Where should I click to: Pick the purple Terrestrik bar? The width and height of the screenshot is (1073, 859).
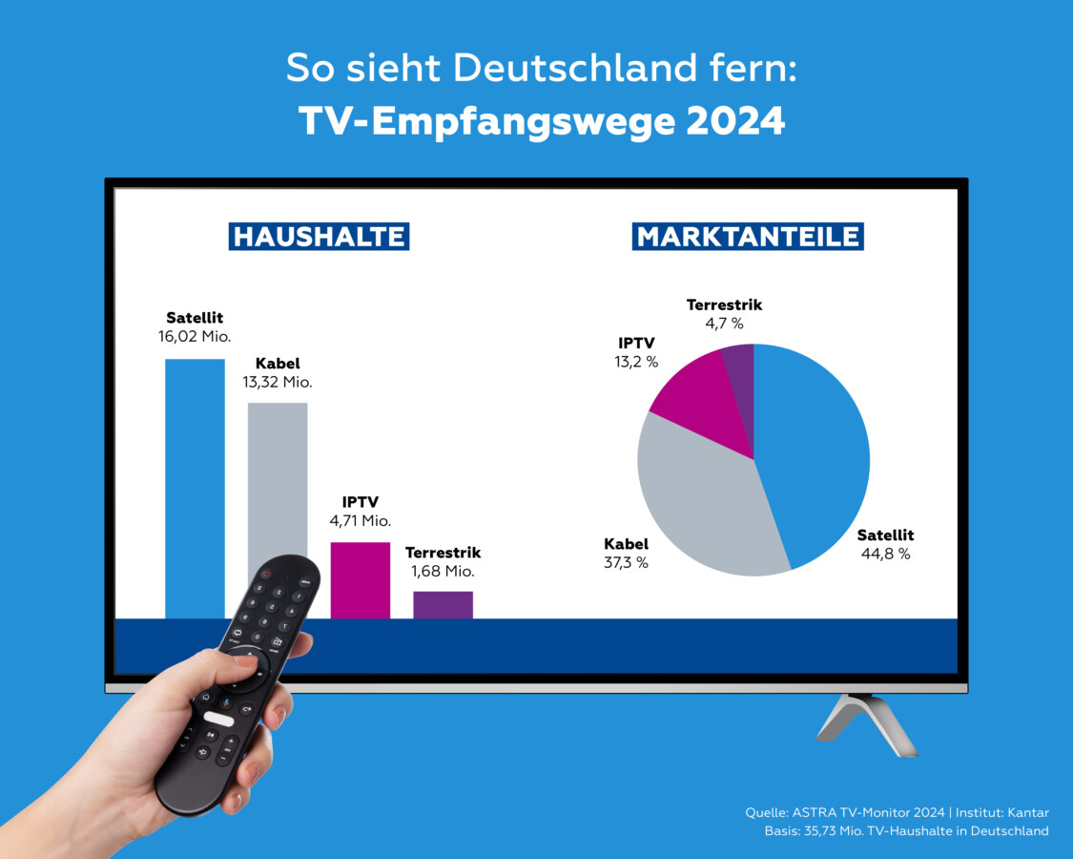coord(443,604)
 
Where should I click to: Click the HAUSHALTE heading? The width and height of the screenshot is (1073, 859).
coord(319,237)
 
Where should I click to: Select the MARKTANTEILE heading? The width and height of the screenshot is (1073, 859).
coord(748,237)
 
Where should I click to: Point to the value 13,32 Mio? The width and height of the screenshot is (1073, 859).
coord(278,382)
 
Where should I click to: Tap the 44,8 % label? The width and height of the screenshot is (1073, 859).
coord(884,554)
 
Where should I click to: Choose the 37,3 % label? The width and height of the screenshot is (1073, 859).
coord(626,562)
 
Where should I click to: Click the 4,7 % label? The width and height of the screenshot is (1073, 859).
coord(724,324)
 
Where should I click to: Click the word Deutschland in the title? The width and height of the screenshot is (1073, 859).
coord(563,69)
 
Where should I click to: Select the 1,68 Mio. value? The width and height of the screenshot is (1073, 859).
coord(443,571)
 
